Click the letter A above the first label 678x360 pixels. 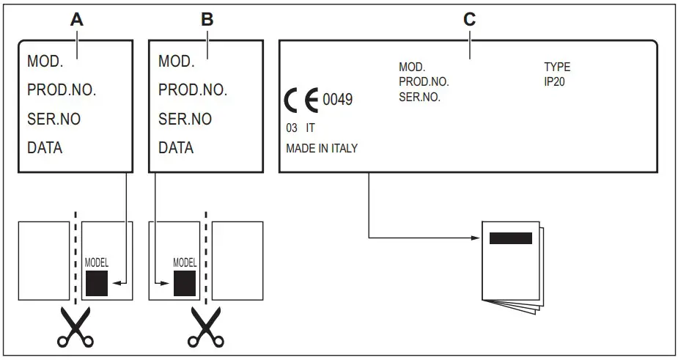coord(75,20)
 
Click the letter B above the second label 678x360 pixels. coord(207,20)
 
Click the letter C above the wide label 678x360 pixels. coord(469,20)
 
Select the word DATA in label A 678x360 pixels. coord(45,147)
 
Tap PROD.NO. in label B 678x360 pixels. coord(193,90)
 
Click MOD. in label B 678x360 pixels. coord(176,61)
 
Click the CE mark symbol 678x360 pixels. coord(301,99)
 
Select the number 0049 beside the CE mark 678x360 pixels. coord(338,99)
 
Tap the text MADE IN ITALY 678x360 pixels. coord(322,148)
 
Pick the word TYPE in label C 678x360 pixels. coord(556,67)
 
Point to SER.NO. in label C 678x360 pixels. coord(419,96)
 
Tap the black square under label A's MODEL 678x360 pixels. coord(97,283)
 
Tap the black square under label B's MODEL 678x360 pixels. coord(184,283)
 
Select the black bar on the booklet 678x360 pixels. coord(510,238)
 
